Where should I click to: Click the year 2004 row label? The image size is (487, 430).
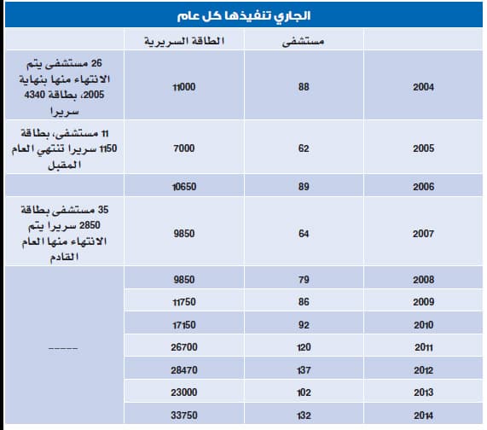click(423, 87)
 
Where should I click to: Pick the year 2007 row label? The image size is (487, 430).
click(423, 232)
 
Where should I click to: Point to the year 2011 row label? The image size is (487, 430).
click(423, 348)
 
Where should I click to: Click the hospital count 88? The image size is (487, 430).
click(304, 87)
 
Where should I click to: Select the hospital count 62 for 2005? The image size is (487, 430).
click(304, 148)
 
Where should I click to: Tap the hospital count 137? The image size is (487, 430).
click(304, 371)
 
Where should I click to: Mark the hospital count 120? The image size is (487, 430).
click(304, 348)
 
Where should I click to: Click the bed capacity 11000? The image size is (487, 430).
click(184, 87)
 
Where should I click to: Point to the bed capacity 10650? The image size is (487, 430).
click(184, 186)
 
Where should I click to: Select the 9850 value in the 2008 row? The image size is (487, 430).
click(184, 279)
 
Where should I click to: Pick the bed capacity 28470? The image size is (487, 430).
click(184, 371)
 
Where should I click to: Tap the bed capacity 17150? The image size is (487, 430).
click(184, 325)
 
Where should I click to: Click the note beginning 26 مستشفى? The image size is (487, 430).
click(65, 87)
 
